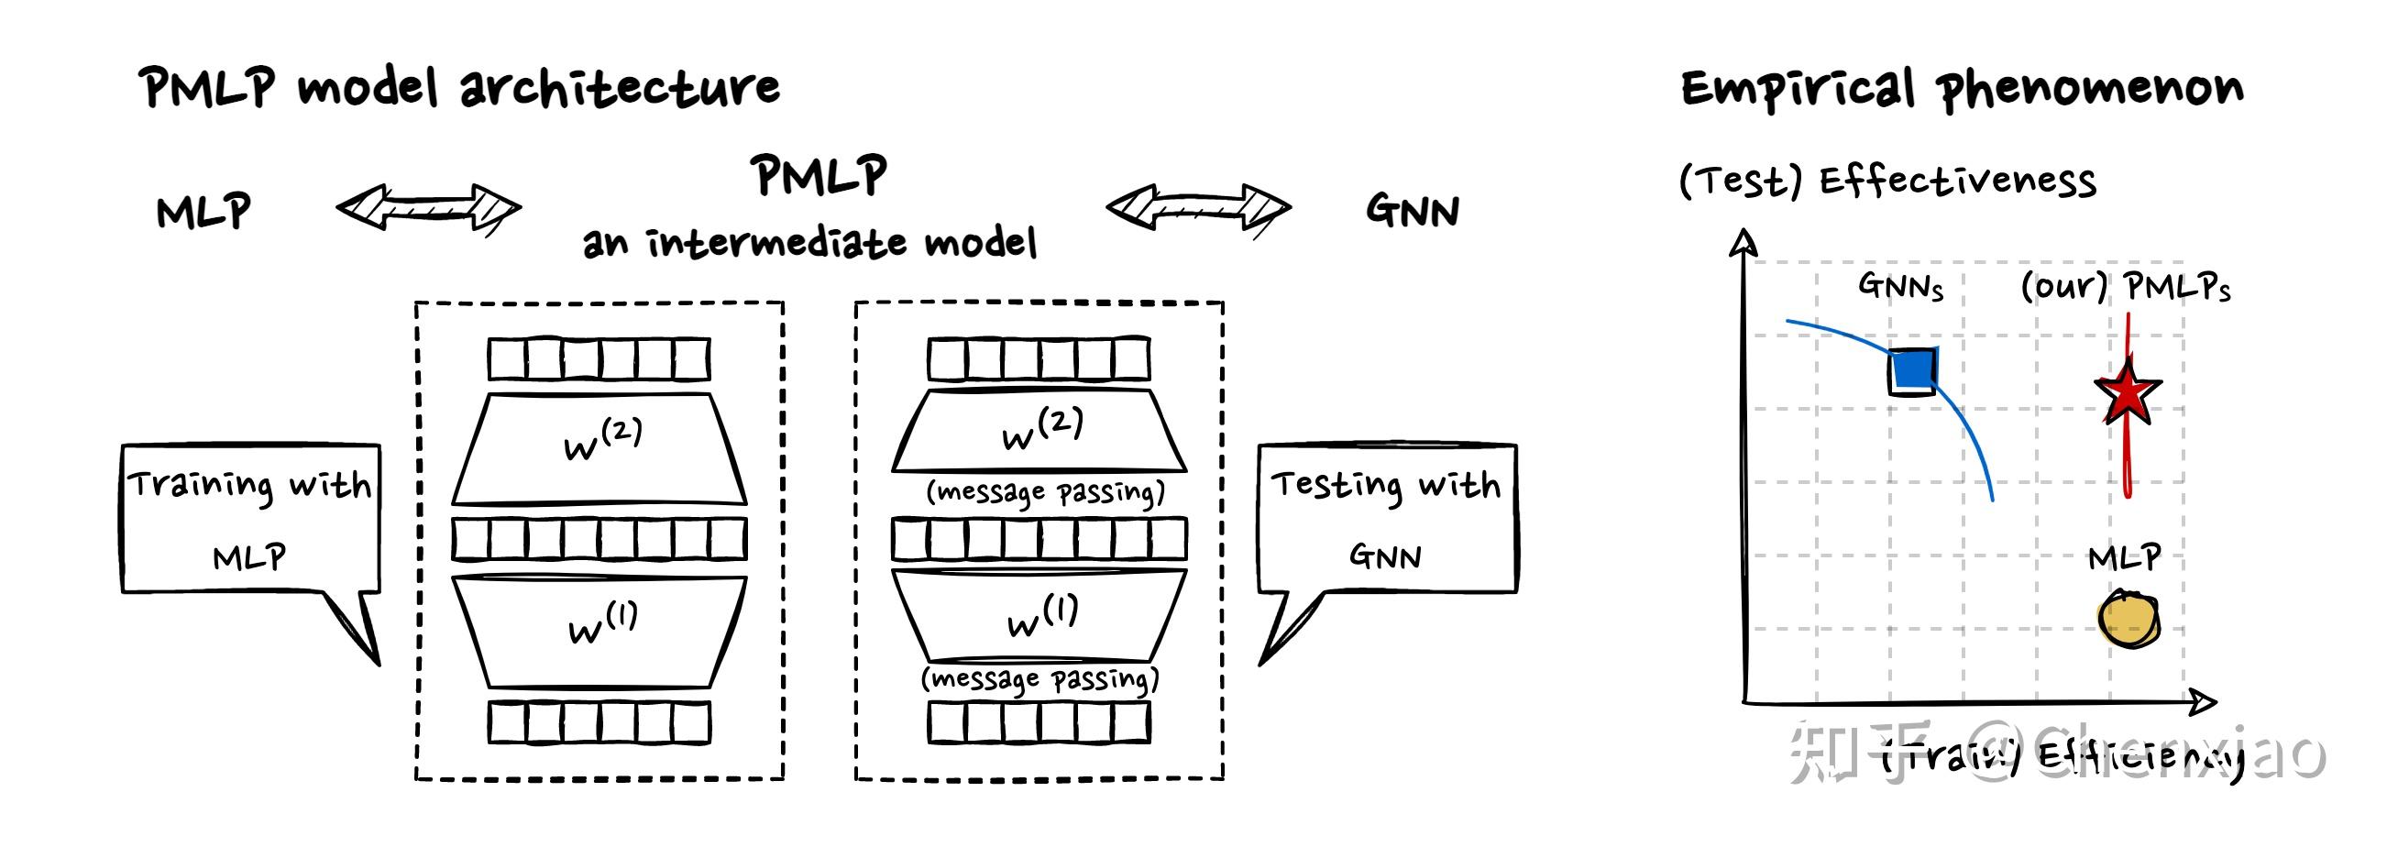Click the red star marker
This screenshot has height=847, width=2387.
2128,393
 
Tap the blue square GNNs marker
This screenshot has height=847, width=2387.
1913,371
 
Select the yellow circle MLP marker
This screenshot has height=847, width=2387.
2128,619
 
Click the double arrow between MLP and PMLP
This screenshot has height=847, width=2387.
428,206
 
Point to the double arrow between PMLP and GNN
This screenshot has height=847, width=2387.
1198,206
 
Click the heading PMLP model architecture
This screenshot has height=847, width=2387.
458,88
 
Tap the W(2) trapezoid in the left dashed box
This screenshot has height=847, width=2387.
599,448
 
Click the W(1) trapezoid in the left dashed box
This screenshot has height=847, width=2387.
599,631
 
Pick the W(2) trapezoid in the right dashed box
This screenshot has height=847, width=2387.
1039,431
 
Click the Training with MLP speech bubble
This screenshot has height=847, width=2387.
250,519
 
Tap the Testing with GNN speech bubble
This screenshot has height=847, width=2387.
1386,519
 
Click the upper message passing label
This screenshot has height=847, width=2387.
1045,491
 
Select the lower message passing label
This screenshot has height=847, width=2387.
1039,679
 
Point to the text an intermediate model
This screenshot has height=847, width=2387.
808,243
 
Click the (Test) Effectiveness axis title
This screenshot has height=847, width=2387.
1886,181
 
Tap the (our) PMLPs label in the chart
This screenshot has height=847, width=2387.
2125,286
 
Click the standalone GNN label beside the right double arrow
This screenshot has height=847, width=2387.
1413,210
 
